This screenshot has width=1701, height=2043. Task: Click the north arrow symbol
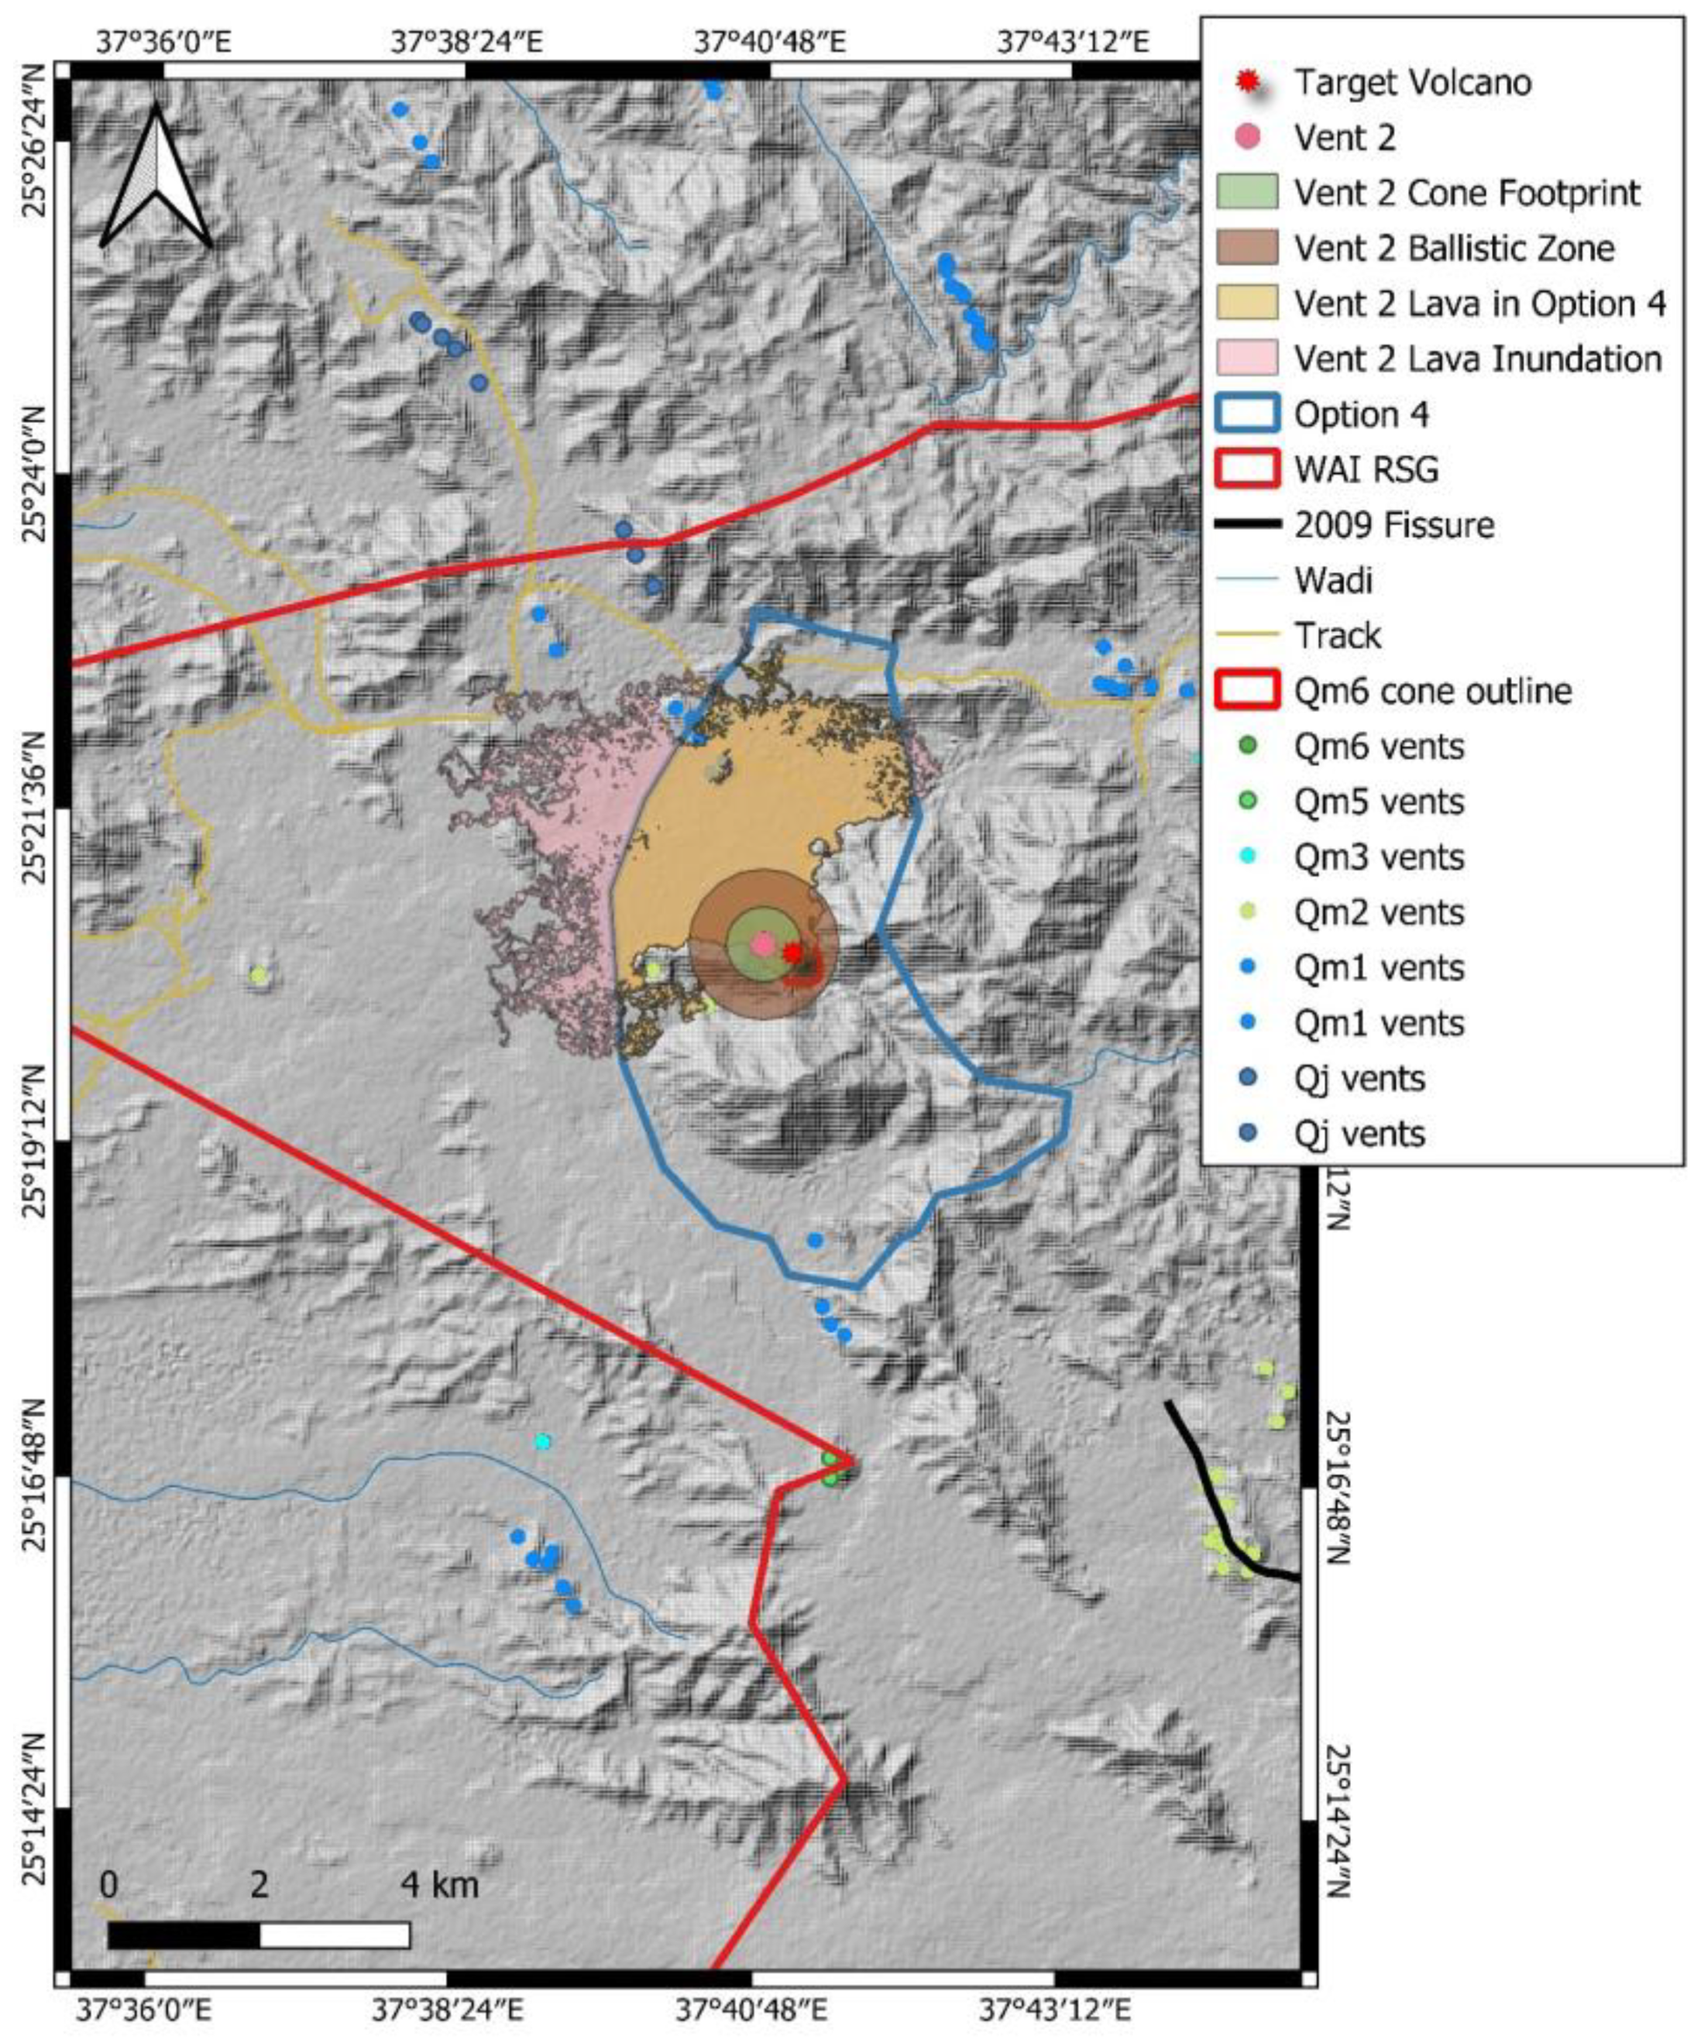[x=156, y=178]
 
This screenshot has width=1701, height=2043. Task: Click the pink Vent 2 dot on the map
[x=763, y=943]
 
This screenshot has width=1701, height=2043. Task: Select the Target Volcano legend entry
[x=1411, y=83]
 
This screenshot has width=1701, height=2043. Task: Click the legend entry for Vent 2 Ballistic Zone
[x=1453, y=249]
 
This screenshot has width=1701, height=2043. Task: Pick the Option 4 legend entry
[x=1360, y=415]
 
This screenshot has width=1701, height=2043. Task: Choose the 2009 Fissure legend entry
[x=1393, y=527]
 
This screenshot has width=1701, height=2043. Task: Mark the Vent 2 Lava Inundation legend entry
[x=1476, y=360]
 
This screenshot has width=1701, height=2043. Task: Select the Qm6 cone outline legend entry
[x=1432, y=692]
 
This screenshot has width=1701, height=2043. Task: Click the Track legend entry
[x=1337, y=637]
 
